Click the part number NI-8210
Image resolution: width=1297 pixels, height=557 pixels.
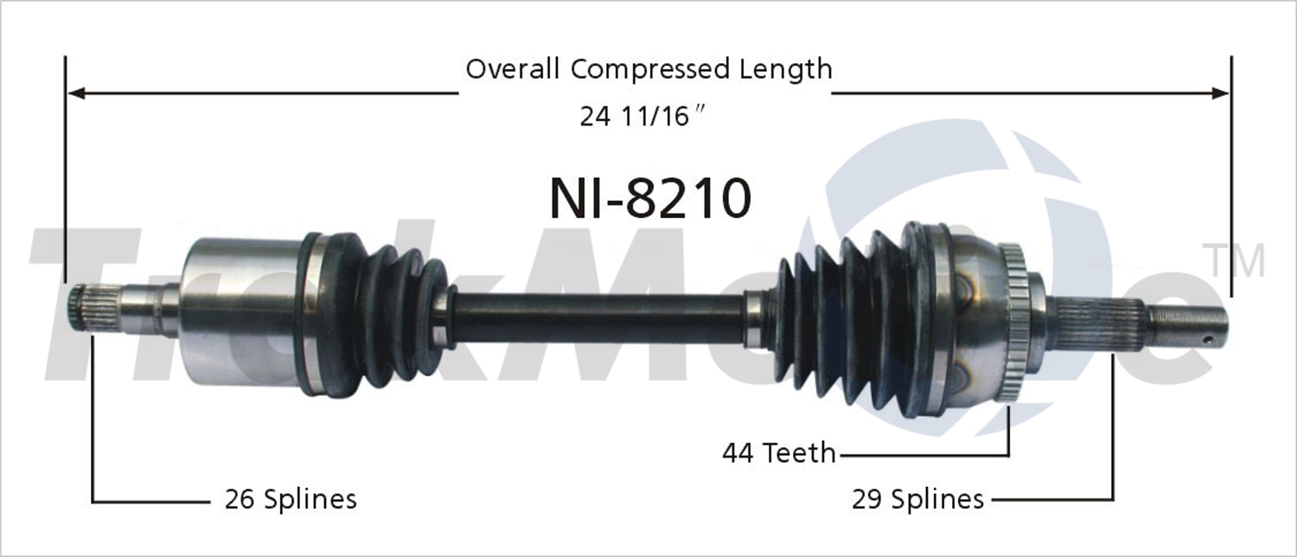point(650,199)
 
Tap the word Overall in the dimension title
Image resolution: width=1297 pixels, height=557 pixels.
point(513,69)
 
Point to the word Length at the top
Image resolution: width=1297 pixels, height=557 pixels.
point(786,69)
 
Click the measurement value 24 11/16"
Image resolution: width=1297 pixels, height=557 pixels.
point(643,117)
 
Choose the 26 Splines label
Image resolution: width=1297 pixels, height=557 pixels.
point(291,499)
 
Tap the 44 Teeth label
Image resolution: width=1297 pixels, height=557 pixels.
point(779,452)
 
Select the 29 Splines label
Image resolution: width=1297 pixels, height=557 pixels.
point(917,499)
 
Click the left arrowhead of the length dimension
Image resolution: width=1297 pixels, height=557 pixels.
point(76,93)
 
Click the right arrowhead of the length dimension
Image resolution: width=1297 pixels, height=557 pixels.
point(1219,93)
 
